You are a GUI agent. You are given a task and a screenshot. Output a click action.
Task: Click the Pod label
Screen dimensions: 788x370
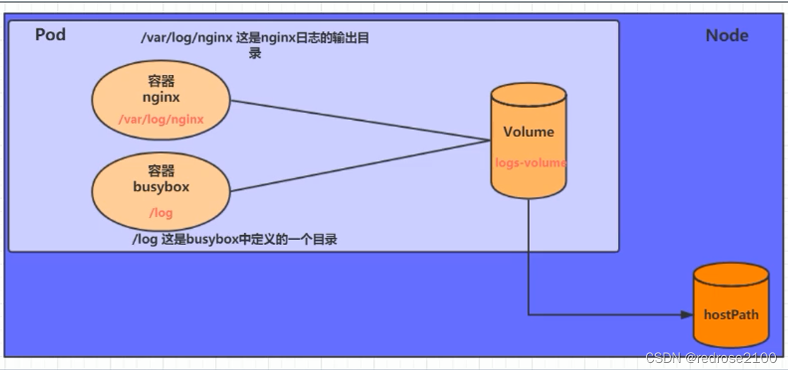pyautogui.click(x=50, y=35)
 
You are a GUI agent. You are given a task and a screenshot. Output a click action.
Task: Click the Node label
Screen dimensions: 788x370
pyautogui.click(x=727, y=35)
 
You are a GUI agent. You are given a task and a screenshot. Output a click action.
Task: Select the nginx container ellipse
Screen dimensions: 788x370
pyautogui.click(x=161, y=100)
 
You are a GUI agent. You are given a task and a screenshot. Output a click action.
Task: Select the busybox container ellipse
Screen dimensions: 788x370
pyautogui.click(x=161, y=191)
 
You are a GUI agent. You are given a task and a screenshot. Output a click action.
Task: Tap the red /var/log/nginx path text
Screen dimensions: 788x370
pyautogui.click(x=161, y=119)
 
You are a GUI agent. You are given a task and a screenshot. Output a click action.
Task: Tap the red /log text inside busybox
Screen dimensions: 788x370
pyautogui.click(x=161, y=213)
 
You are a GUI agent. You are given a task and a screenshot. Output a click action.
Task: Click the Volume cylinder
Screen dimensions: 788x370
pyautogui.click(x=529, y=141)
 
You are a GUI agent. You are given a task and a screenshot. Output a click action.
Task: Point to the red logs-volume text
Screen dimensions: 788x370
pyautogui.click(x=531, y=162)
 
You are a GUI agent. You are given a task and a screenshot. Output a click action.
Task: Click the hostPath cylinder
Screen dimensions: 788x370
pyautogui.click(x=731, y=305)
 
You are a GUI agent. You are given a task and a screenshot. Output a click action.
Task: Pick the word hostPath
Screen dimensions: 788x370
pyautogui.click(x=731, y=316)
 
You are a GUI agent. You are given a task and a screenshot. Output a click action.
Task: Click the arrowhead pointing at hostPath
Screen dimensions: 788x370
pyautogui.click(x=687, y=315)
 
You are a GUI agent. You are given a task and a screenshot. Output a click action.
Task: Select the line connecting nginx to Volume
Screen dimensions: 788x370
pyautogui.click(x=360, y=121)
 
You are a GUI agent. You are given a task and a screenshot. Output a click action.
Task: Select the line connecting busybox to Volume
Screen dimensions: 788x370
pyautogui.click(x=360, y=166)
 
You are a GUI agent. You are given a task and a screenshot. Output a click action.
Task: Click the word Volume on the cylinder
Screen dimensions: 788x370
pyautogui.click(x=529, y=132)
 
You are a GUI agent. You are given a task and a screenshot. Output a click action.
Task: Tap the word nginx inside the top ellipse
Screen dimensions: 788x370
pyautogui.click(x=161, y=97)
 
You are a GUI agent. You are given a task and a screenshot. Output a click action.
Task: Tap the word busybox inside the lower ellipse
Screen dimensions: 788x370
pyautogui.click(x=161, y=186)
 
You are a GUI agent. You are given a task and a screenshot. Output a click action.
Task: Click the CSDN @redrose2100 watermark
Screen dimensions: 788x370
pyautogui.click(x=710, y=358)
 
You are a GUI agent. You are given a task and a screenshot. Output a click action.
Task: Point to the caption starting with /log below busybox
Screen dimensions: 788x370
pyautogui.click(x=235, y=240)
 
